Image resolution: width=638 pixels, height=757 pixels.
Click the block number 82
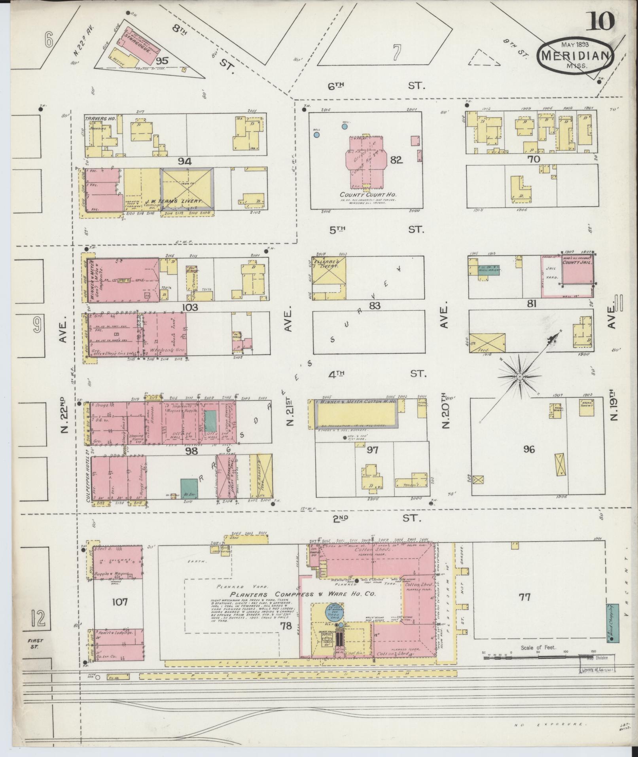pyautogui.click(x=396, y=159)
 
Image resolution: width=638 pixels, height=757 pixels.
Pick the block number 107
pyautogui.click(x=119, y=613)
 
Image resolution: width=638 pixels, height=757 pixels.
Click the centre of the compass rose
pyautogui.click(x=519, y=377)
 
